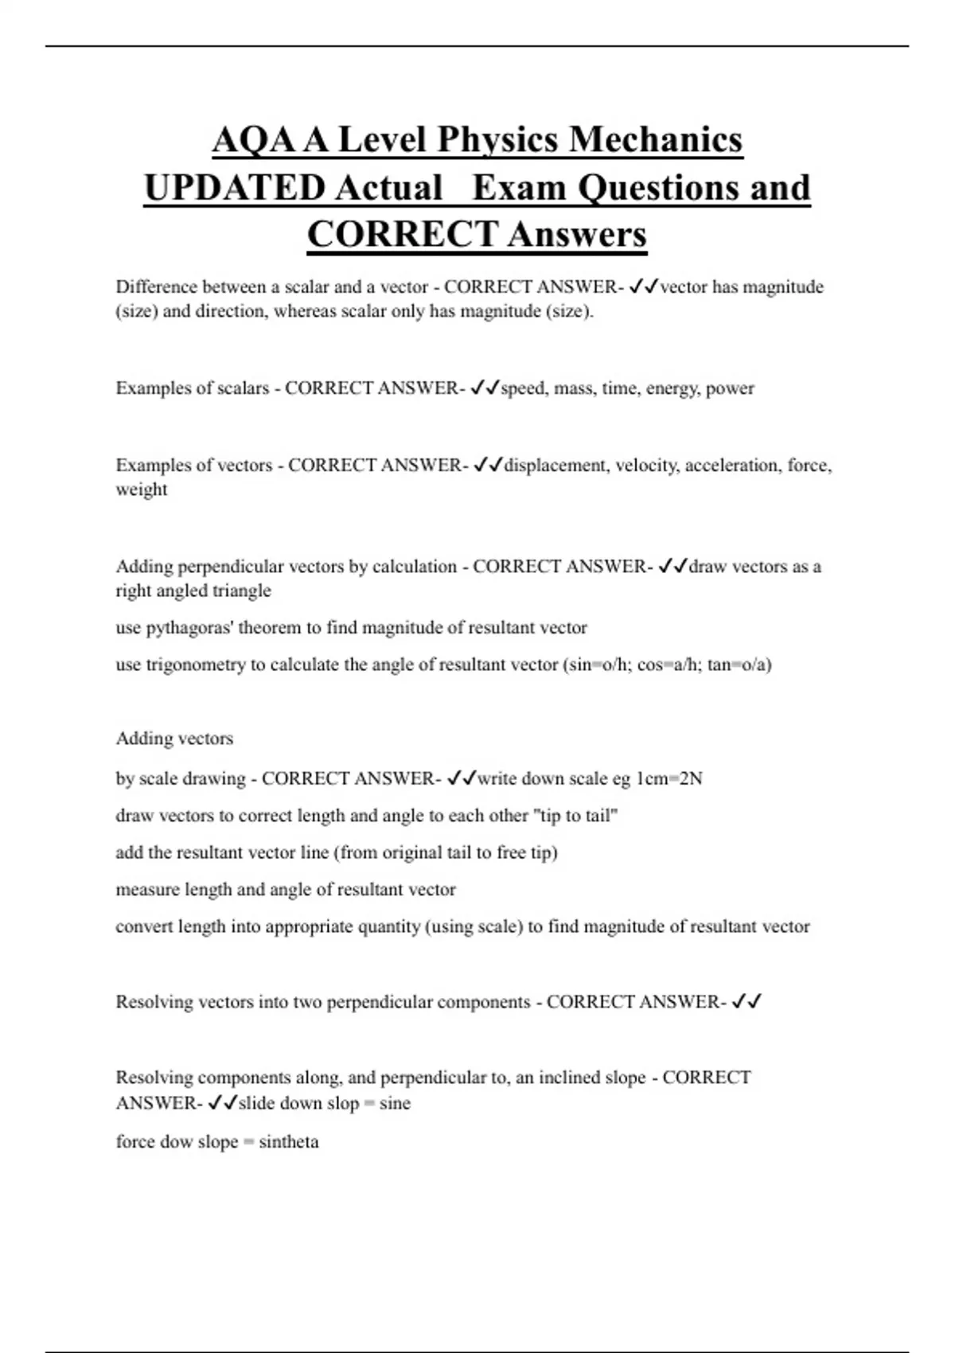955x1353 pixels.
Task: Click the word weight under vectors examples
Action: coord(142,489)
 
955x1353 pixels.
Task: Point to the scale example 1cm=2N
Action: coord(669,778)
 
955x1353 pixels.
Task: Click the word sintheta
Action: coord(288,1142)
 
